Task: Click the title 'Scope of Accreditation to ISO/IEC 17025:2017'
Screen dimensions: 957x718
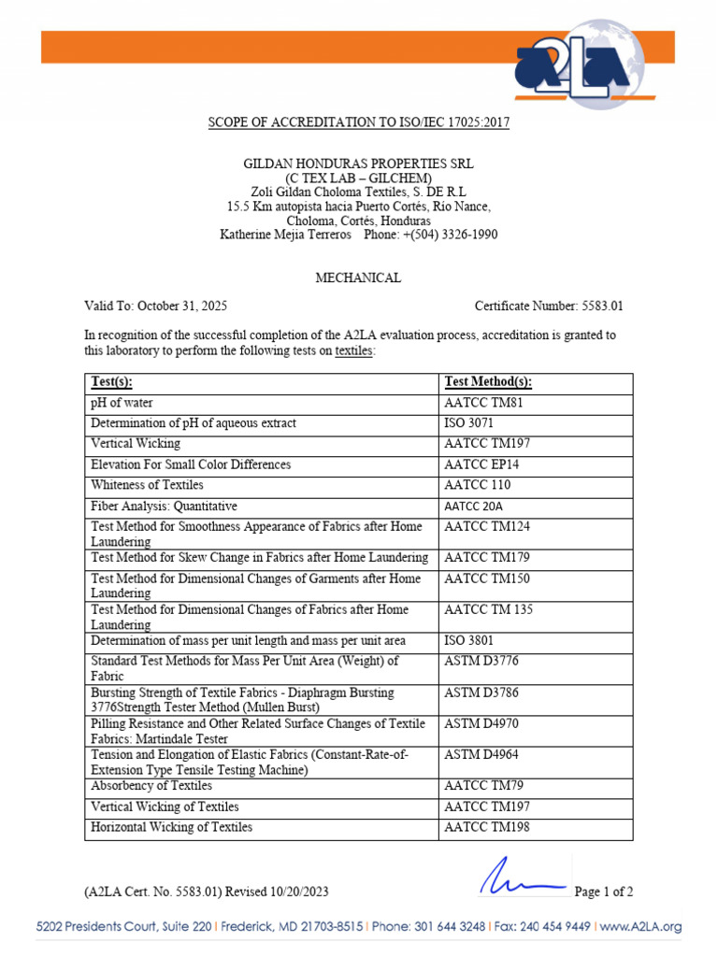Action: pyautogui.click(x=358, y=122)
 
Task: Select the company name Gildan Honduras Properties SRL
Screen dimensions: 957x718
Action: pyautogui.click(x=358, y=164)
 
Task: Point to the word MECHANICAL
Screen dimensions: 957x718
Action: pyautogui.click(x=358, y=278)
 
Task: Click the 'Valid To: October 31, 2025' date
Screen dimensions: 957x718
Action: pyautogui.click(x=156, y=306)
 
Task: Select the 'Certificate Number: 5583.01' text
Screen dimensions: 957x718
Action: pyautogui.click(x=549, y=306)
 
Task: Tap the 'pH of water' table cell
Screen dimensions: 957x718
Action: pyautogui.click(x=122, y=403)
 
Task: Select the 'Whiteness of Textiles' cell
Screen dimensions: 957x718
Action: pyautogui.click(x=147, y=485)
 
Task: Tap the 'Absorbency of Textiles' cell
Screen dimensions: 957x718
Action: pyautogui.click(x=151, y=786)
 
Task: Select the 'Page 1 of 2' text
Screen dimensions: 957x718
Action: pyautogui.click(x=604, y=892)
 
